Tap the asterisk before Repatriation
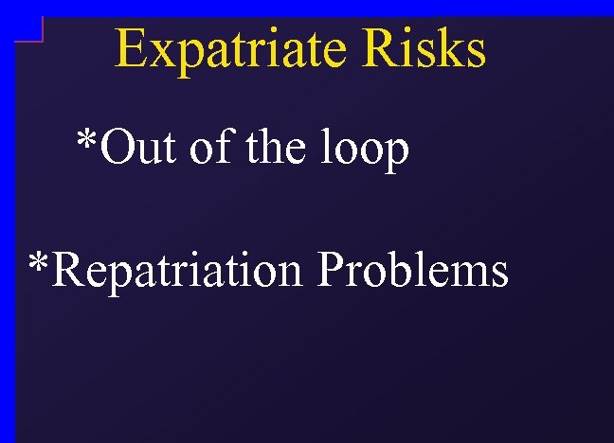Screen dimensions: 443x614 pyautogui.click(x=39, y=263)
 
